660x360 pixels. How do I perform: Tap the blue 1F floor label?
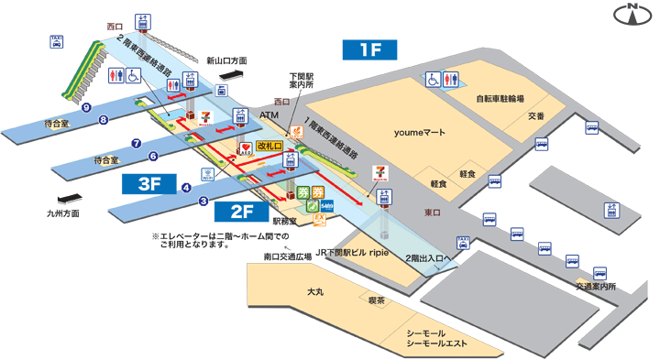pos(370,50)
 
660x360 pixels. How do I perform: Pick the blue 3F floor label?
pos(150,183)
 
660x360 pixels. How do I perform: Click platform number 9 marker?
pos(85,107)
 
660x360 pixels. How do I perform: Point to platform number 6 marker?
pos(153,156)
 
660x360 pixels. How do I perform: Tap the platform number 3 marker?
pos(204,201)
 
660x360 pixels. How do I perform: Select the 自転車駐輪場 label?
pos(500,98)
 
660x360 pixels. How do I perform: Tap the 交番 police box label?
pos(536,115)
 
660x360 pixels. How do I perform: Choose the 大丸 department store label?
pos(315,291)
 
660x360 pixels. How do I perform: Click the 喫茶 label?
pos(376,300)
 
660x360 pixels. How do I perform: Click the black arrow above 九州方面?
pos(70,200)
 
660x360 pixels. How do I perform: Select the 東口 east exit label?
pos(433,213)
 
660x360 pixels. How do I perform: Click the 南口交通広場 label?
pos(287,256)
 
